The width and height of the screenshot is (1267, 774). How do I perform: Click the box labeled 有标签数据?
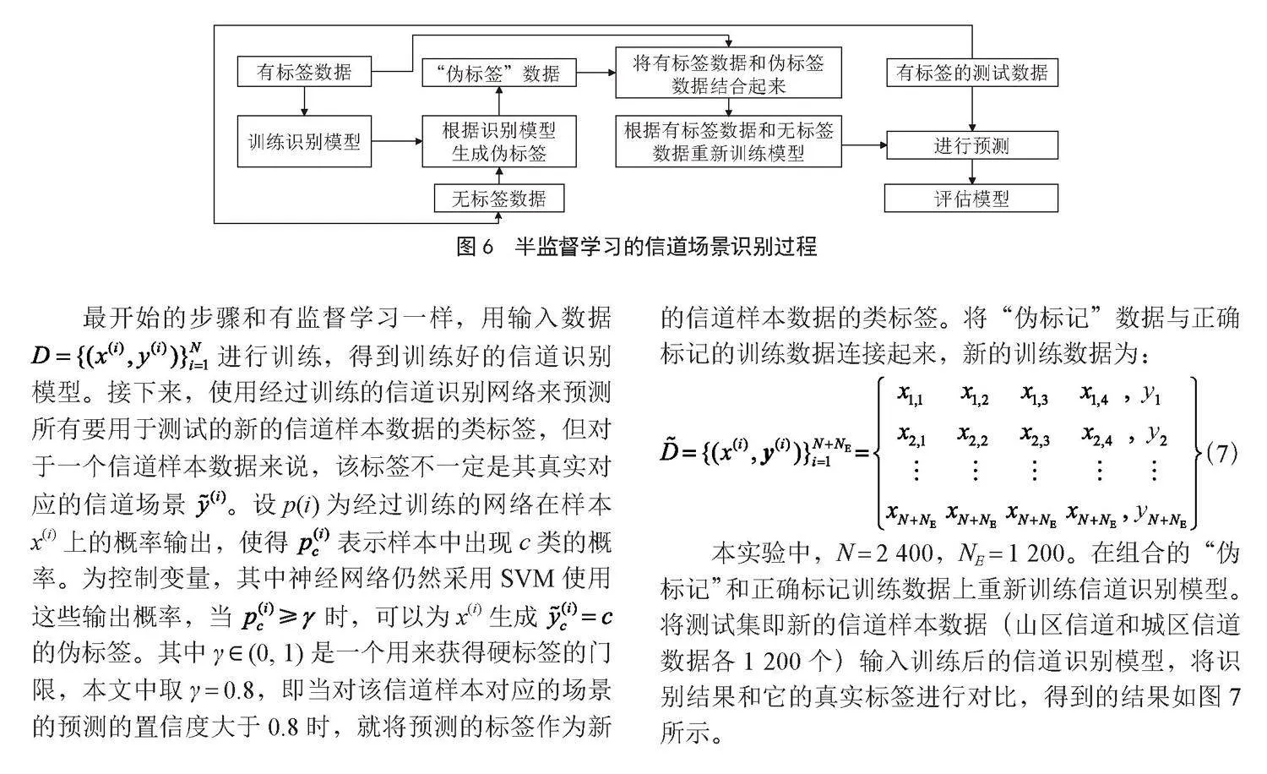[x=304, y=71]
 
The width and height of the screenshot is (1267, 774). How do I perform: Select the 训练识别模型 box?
[x=304, y=141]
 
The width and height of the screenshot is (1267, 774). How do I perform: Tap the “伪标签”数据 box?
[x=499, y=73]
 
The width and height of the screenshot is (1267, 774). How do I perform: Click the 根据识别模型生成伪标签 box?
[x=499, y=141]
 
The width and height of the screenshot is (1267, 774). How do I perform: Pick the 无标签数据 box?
[x=499, y=199]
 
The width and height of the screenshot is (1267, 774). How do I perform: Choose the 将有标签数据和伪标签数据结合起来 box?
[x=728, y=73]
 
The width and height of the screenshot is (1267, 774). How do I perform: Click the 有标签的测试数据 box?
[x=971, y=73]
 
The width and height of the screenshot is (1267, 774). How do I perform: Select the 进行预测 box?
[x=971, y=145]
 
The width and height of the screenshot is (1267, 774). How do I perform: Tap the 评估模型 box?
[x=971, y=199]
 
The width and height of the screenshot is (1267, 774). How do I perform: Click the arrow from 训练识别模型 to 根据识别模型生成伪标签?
[x=397, y=141]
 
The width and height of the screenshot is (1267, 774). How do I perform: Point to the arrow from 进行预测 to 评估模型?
[x=972, y=172]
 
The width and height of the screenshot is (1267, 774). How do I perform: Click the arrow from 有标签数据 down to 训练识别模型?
[x=304, y=101]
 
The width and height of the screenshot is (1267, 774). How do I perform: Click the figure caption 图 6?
[x=475, y=247]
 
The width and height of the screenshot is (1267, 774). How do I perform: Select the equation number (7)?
[x=1221, y=453]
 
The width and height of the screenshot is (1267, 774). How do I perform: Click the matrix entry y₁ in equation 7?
[x=1150, y=395]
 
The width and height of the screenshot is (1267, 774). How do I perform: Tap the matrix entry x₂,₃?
[x=1035, y=436]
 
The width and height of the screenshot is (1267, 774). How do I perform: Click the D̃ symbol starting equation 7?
[x=669, y=451]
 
